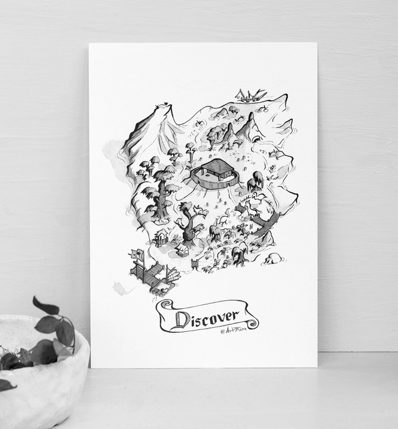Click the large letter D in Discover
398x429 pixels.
182,319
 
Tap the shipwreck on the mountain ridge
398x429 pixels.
250,95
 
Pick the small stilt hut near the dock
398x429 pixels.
162,237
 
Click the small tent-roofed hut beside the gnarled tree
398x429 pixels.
182,250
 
